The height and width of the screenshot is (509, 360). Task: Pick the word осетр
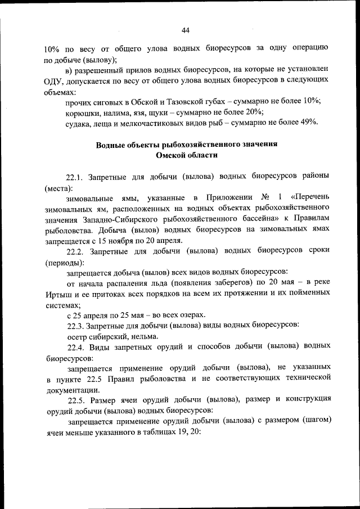(77, 336)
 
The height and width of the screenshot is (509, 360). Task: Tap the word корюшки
(84, 111)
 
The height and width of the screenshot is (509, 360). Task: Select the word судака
(80, 122)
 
